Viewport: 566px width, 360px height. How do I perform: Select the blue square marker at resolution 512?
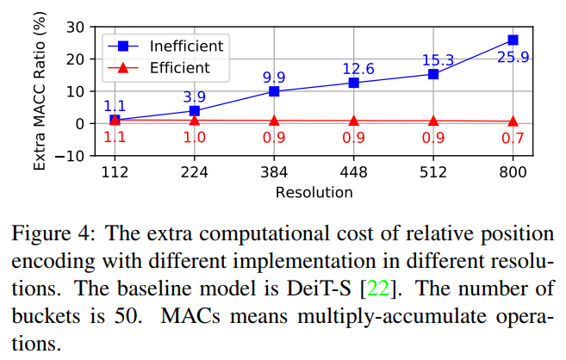(x=433, y=74)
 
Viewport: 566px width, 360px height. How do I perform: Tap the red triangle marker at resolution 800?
(x=513, y=121)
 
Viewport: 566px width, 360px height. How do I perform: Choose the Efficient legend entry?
(x=178, y=65)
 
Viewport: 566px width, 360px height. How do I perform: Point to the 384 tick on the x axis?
(x=274, y=172)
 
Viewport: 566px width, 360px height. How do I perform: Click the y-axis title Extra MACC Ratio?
(x=40, y=91)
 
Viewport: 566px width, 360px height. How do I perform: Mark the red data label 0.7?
(x=513, y=139)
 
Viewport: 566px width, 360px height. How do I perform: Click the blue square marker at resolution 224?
(x=195, y=110)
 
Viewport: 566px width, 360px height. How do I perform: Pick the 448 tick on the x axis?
(x=353, y=172)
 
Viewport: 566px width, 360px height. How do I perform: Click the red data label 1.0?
(x=195, y=139)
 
